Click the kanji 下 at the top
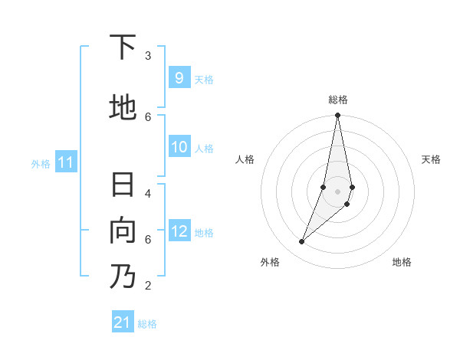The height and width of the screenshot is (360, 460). (123, 47)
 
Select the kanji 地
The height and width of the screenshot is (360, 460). (123, 106)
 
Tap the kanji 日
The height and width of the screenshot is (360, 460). (123, 186)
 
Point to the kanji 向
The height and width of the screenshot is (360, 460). (123, 231)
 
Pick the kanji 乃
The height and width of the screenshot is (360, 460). (123, 276)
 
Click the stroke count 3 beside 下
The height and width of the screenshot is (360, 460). (147, 56)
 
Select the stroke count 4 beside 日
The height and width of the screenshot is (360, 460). (147, 193)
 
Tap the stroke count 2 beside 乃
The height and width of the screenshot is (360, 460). (147, 286)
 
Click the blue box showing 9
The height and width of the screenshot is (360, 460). (179, 78)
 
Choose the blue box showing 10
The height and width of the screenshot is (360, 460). (179, 147)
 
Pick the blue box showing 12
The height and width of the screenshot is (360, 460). (179, 231)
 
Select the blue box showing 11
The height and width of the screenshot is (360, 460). (66, 162)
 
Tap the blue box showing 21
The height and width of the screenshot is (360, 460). (123, 322)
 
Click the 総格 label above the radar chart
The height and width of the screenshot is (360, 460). (338, 100)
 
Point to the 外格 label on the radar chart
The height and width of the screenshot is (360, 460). (270, 262)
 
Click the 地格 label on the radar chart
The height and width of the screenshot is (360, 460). (402, 262)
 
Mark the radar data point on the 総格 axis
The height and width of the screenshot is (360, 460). (337, 116)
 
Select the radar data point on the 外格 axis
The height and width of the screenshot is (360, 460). (301, 242)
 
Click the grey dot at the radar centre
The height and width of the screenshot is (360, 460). (337, 191)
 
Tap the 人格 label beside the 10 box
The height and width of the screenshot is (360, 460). (204, 148)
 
